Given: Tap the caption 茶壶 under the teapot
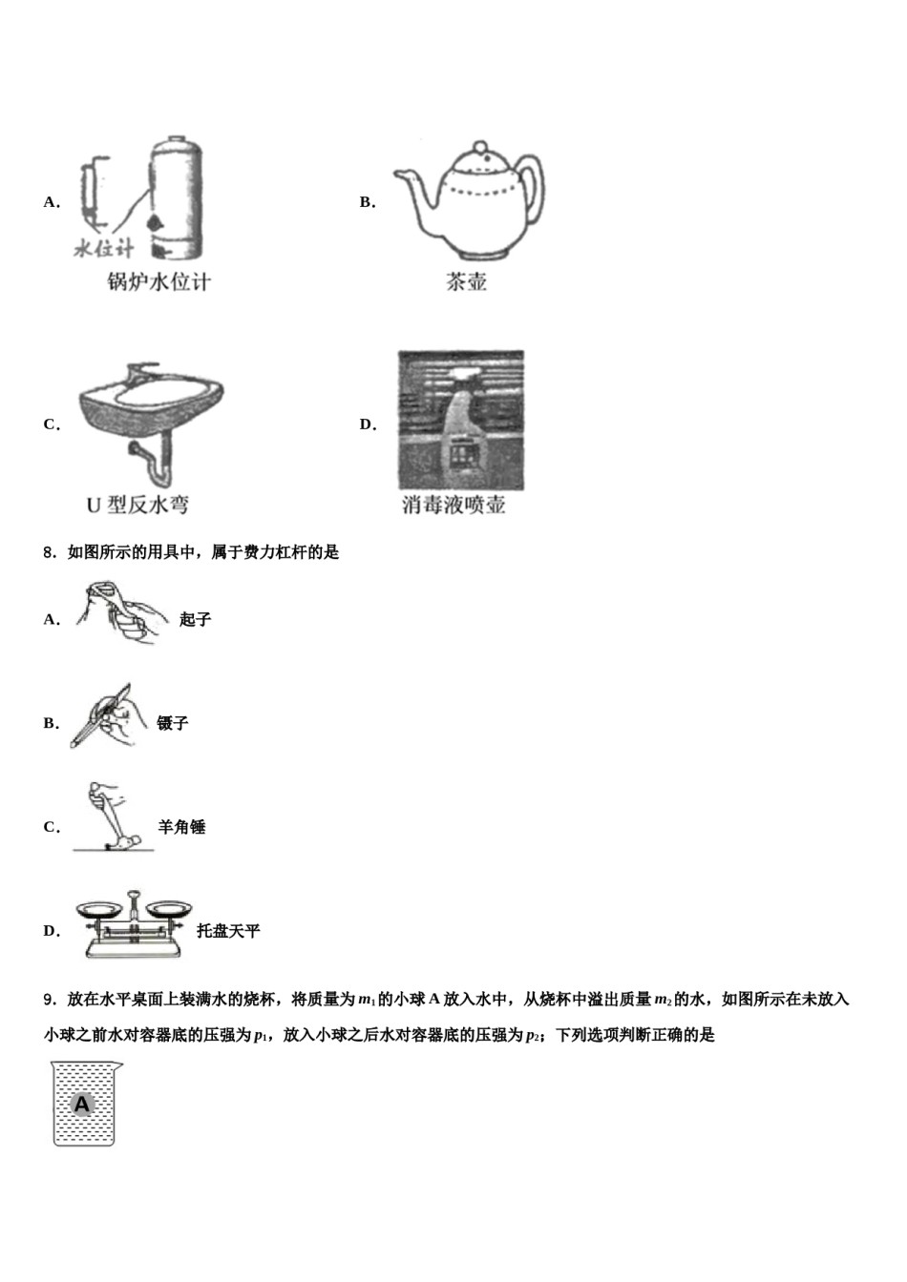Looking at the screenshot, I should [x=466, y=281].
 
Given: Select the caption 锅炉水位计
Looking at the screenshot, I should [x=158, y=281].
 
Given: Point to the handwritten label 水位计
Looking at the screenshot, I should [x=104, y=248].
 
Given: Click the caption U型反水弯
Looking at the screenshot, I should [x=137, y=505].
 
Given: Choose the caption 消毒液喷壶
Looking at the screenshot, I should [x=453, y=505].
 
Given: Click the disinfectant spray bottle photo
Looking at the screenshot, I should [x=460, y=421].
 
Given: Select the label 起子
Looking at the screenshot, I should [x=195, y=619].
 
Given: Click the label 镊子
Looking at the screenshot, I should [x=173, y=723].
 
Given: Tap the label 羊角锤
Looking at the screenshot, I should [x=181, y=827].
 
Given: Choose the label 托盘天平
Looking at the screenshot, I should [x=228, y=931].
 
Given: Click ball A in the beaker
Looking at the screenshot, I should [x=82, y=1105].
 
